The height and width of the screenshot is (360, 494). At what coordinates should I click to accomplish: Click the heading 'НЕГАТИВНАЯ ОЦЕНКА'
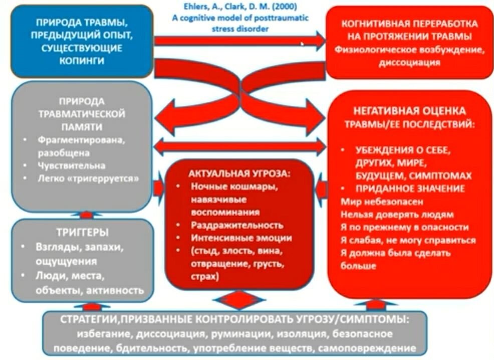click(408, 110)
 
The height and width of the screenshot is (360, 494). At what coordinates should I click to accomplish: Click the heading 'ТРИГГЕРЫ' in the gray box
click(82, 233)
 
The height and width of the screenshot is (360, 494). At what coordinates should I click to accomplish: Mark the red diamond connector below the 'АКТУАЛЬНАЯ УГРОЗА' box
click(236, 300)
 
